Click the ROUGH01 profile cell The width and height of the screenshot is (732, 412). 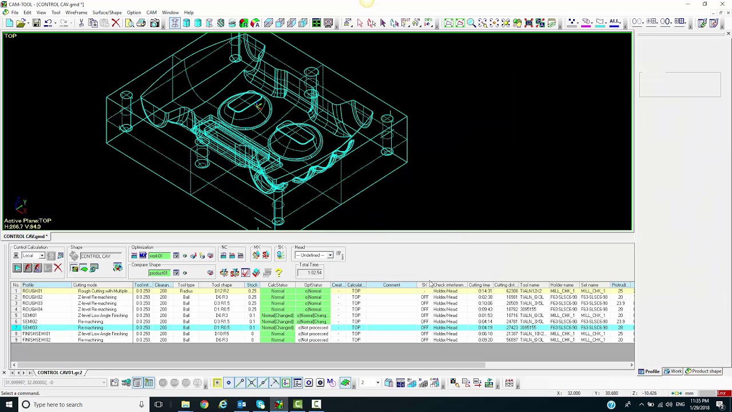33,291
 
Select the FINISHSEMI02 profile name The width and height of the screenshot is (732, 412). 36,340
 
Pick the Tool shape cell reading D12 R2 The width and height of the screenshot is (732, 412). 221,291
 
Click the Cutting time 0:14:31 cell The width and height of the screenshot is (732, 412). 484,291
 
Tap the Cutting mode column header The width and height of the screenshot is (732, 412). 85,285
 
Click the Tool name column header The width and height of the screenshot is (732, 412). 530,285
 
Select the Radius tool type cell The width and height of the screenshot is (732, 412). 186,291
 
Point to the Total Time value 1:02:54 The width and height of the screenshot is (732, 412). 314,273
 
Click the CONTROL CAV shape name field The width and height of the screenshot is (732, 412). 96,256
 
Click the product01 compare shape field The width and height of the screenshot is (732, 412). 158,273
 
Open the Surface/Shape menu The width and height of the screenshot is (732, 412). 107,13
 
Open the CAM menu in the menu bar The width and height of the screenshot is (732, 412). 152,13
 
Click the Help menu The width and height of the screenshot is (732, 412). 189,13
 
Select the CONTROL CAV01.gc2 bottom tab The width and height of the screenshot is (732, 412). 59,373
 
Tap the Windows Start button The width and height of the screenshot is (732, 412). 9,405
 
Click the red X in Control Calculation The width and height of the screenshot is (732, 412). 57,268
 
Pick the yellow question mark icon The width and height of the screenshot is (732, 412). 279,273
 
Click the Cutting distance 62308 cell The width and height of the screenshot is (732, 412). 512,291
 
